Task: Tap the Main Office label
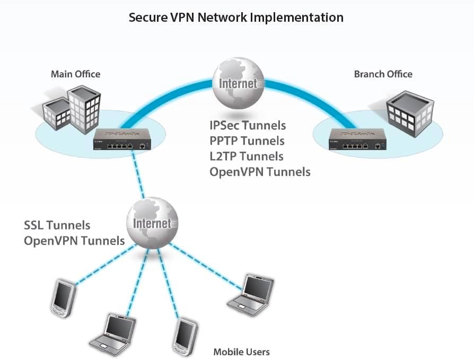point(75,74)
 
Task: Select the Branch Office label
point(383,74)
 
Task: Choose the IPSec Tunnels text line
point(248,126)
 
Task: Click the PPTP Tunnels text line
point(247,141)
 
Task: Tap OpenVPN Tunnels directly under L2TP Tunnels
point(260,172)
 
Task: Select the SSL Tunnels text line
point(57,225)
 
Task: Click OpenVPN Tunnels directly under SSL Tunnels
point(74,241)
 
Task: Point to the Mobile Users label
point(241,352)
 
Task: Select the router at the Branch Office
point(355,141)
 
